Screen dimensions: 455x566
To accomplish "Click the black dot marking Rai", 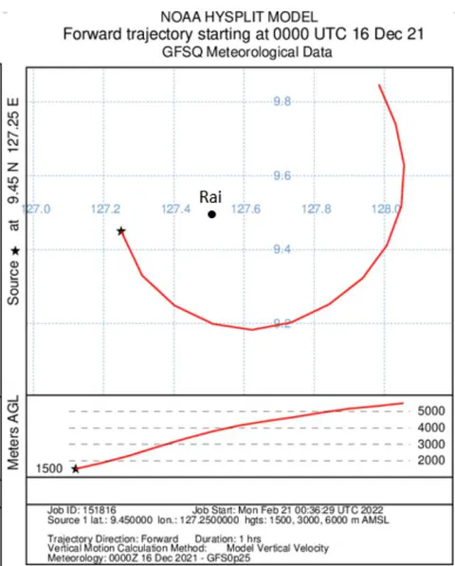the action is pyautogui.click(x=211, y=214).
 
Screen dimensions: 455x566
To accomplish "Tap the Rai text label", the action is pyautogui.click(x=210, y=197).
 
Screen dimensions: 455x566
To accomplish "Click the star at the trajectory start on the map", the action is pyautogui.click(x=121, y=230).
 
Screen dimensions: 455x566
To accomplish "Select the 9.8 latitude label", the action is pyautogui.click(x=282, y=101).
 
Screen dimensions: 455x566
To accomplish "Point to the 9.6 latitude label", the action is pyautogui.click(x=282, y=175).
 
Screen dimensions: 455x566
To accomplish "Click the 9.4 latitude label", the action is pyautogui.click(x=282, y=249).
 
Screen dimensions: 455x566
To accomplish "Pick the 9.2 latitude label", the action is pyautogui.click(x=282, y=323).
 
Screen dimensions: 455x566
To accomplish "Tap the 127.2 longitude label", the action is pyautogui.click(x=105, y=209).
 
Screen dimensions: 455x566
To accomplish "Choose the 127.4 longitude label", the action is pyautogui.click(x=175, y=209).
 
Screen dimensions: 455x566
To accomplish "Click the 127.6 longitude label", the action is pyautogui.click(x=246, y=209).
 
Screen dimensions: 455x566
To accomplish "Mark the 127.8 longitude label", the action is pyautogui.click(x=316, y=209).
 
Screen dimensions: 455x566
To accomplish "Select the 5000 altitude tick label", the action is pyautogui.click(x=431, y=411).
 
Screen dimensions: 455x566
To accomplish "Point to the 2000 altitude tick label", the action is pyautogui.click(x=431, y=460).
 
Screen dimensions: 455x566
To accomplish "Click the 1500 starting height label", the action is pyautogui.click(x=49, y=468).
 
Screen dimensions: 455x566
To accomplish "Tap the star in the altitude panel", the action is pyautogui.click(x=76, y=469).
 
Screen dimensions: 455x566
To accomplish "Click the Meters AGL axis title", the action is pyautogui.click(x=13, y=433).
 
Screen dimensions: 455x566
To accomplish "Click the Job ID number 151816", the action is pyautogui.click(x=100, y=510).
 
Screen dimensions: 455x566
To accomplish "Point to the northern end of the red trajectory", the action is pyautogui.click(x=379, y=84).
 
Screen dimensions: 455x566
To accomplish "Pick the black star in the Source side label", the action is pyautogui.click(x=14, y=251).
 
